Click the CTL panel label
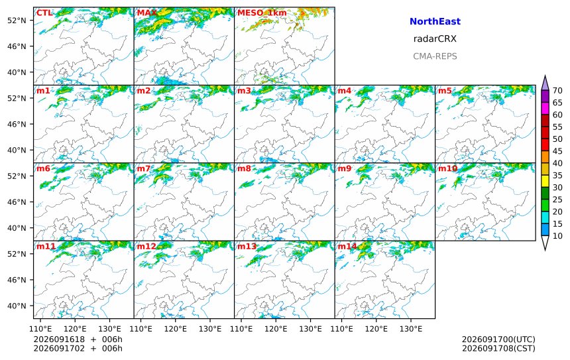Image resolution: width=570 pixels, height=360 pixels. pyautogui.click(x=44, y=13)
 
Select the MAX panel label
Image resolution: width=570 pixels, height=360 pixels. pyautogui.click(x=147, y=13)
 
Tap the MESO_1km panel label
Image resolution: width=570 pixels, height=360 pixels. pyautogui.click(x=262, y=13)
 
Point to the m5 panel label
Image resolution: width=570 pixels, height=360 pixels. pyautogui.click(x=445, y=91)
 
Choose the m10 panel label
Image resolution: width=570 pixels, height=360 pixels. pyautogui.click(x=447, y=168)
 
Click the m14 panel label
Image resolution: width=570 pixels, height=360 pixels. pyautogui.click(x=347, y=246)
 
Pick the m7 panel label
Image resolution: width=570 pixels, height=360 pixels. pyautogui.click(x=143, y=168)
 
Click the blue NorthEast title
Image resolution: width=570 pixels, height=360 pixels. pyautogui.click(x=435, y=21)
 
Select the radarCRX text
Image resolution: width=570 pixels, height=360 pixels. pyautogui.click(x=435, y=39)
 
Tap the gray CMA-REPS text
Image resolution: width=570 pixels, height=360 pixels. pyautogui.click(x=435, y=56)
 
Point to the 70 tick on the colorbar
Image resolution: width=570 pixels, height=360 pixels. pyautogui.click(x=557, y=91)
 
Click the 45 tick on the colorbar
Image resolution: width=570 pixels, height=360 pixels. pyautogui.click(x=557, y=151)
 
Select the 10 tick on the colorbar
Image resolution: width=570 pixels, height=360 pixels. pyautogui.click(x=557, y=236)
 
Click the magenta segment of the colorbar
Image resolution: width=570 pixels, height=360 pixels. pyautogui.click(x=545, y=109)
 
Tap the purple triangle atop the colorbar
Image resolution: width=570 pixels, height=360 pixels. pyautogui.click(x=545, y=83)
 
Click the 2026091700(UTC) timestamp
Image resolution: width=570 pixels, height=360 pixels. pyautogui.click(x=498, y=339)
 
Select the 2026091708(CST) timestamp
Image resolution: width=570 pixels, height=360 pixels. pyautogui.click(x=498, y=348)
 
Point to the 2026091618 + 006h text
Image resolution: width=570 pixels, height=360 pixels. pyautogui.click(x=78, y=339)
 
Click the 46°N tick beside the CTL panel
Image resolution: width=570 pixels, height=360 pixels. pyautogui.click(x=17, y=46)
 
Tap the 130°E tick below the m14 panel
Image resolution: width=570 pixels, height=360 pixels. pyautogui.click(x=411, y=329)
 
